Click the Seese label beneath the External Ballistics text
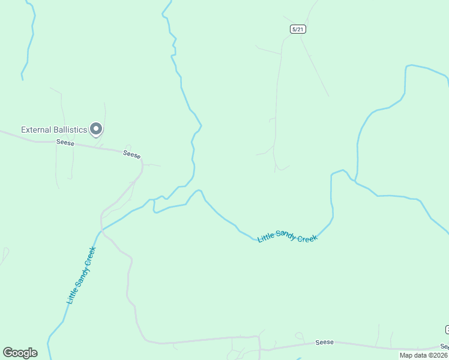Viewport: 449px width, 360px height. pyautogui.click(x=65, y=142)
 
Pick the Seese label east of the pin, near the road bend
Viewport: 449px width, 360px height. pyautogui.click(x=132, y=154)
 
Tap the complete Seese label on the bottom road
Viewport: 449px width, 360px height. pyautogui.click(x=324, y=343)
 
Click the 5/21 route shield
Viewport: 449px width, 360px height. pyautogui.click(x=298, y=29)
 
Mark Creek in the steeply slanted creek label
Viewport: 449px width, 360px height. pyautogui.click(x=91, y=256)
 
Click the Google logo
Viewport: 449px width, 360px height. pyautogui.click(x=20, y=353)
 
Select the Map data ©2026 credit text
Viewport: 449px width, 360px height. pyautogui.click(x=424, y=355)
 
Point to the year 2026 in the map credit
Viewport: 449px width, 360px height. pyautogui.click(x=439, y=355)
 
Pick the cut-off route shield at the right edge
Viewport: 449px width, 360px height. pyautogui.click(x=447, y=329)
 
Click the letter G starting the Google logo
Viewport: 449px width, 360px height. pyautogui.click(x=8, y=353)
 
